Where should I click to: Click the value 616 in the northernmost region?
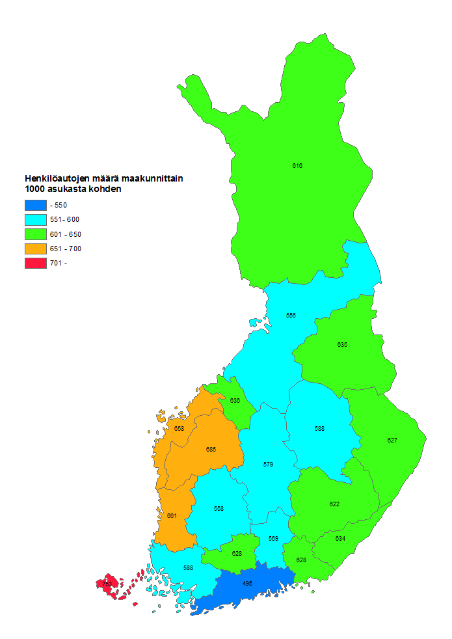point(297,166)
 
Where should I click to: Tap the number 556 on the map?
point(291,316)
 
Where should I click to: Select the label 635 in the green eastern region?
point(342,344)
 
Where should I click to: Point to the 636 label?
point(235,401)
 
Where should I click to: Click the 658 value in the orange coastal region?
point(179,429)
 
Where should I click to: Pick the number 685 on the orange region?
point(211,450)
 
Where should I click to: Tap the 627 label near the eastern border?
point(392,441)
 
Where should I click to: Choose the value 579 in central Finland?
point(268,465)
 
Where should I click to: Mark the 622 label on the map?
point(334,504)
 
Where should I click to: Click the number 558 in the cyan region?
point(219,508)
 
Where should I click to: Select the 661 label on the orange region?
point(172,516)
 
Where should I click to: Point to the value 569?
point(273,539)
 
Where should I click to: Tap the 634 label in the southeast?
point(340,539)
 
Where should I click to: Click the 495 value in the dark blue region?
point(247,584)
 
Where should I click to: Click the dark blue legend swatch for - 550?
point(35,205)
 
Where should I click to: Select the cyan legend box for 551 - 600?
point(35,219)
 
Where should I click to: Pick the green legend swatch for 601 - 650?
point(35,234)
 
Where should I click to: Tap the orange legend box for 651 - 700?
point(35,249)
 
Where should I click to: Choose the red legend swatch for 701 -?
point(35,263)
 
